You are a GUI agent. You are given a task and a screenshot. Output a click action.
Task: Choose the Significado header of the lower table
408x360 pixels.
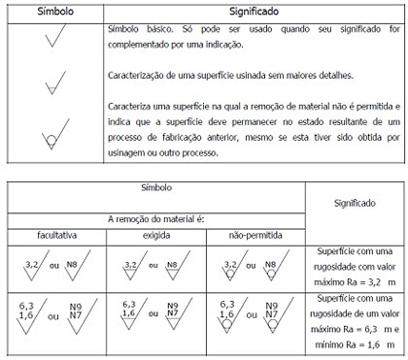pos(355,206)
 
